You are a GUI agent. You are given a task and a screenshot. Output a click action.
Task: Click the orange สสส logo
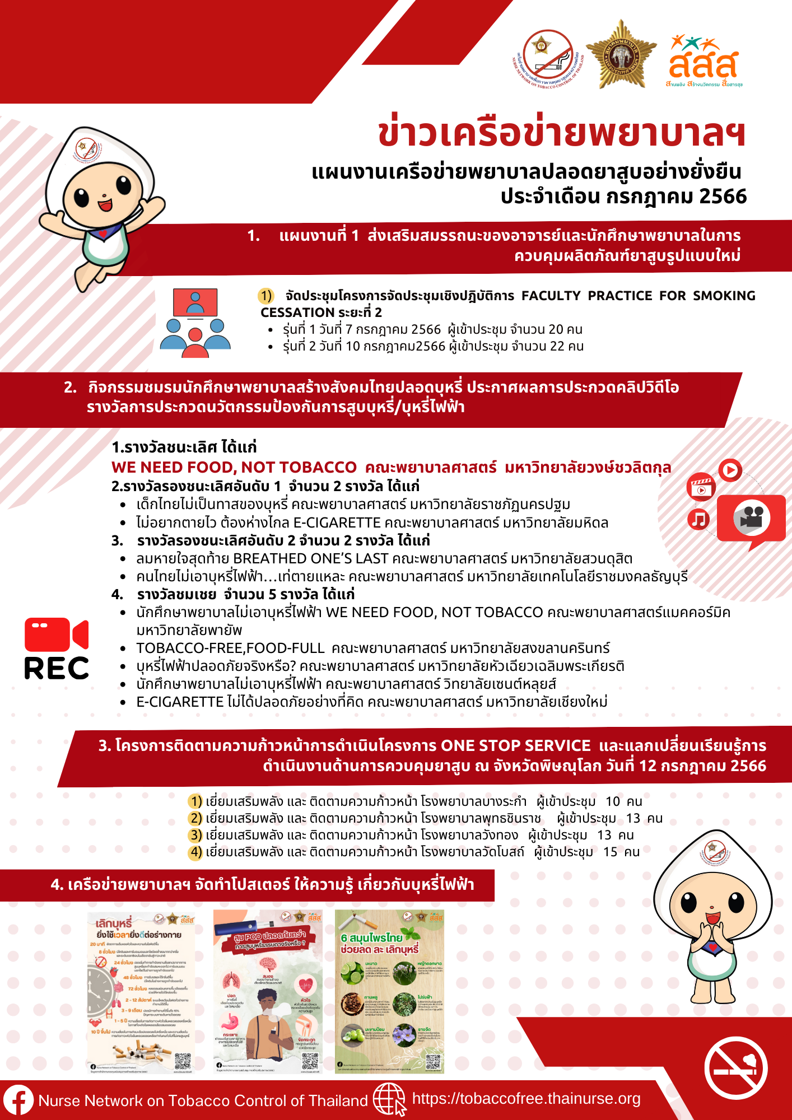(704, 61)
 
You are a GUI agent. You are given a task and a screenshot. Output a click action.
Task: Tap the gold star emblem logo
(621, 55)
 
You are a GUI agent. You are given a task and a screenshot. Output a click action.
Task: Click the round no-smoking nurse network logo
(548, 59)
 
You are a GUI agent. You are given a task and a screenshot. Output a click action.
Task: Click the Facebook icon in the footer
(18, 1100)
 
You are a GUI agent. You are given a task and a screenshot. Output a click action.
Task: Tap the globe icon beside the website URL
(389, 1099)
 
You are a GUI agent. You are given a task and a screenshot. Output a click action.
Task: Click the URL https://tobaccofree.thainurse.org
(526, 1099)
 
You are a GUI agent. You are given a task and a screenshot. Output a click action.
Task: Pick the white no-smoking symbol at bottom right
(735, 1067)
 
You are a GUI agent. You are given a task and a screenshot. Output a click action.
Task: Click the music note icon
(698, 519)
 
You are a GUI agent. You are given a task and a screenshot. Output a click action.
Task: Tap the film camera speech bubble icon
(751, 519)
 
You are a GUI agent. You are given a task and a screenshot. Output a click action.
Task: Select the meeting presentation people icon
(195, 323)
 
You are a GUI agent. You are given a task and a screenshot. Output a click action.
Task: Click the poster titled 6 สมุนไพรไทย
(389, 991)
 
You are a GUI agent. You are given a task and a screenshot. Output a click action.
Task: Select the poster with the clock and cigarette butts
(141, 992)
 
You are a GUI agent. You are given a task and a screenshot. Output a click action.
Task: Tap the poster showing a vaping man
(268, 991)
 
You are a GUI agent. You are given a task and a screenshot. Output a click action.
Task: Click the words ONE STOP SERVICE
(515, 746)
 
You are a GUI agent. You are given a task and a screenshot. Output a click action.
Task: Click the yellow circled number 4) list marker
(195, 852)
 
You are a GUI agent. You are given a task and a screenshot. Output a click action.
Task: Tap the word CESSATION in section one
(297, 312)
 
